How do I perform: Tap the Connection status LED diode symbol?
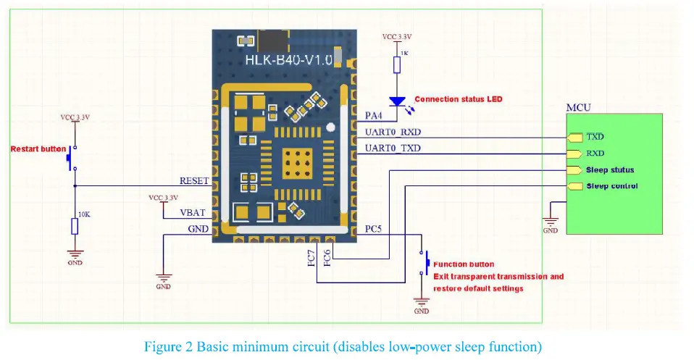tap(396, 103)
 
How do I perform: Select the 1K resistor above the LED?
tap(396, 65)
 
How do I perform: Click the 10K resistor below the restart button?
tap(75, 227)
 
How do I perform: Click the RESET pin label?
tap(194, 181)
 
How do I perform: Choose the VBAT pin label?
tap(193, 214)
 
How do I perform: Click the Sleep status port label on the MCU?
tap(610, 170)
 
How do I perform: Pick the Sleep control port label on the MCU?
tap(611, 186)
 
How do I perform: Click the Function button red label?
tap(464, 264)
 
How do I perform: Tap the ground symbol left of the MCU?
tap(551, 224)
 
